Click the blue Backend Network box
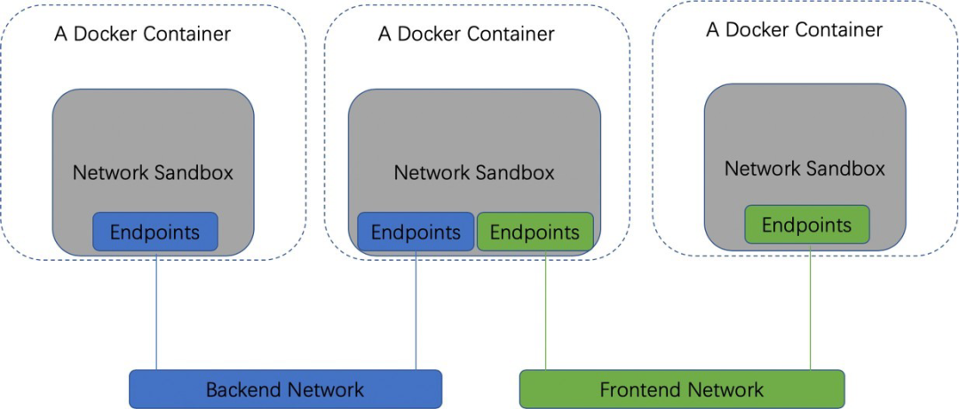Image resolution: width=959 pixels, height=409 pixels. point(285,389)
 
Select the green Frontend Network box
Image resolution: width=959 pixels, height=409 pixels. point(681,389)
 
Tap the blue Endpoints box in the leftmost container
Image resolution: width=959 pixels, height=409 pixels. point(155,232)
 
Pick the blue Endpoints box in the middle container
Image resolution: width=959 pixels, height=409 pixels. point(416,232)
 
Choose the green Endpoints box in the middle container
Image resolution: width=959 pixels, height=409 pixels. point(535,232)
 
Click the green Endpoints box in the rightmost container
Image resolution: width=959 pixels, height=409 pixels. point(806,224)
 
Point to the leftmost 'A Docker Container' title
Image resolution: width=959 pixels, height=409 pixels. point(142,35)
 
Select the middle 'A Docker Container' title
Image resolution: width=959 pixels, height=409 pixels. point(466,35)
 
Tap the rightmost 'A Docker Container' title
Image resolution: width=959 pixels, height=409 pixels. point(794,30)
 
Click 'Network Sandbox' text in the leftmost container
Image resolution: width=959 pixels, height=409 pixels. point(153,172)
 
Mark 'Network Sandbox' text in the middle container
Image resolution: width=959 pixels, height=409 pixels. point(474,172)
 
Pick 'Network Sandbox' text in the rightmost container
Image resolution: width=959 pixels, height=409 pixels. point(804,169)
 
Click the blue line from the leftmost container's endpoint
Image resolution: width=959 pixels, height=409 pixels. point(156,311)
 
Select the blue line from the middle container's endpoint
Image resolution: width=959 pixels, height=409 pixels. point(416,311)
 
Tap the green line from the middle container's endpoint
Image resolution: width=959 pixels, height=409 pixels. point(545,311)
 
